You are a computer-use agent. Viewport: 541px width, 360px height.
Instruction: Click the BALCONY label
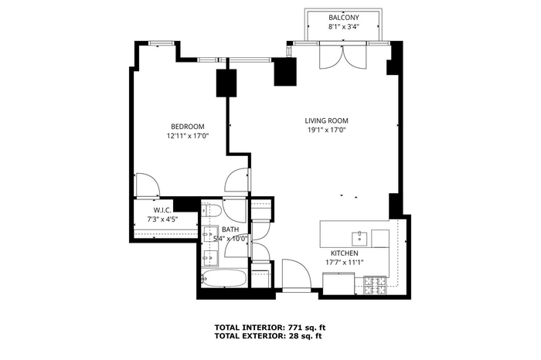click(344, 18)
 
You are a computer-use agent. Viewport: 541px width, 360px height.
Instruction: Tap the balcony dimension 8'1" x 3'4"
click(344, 27)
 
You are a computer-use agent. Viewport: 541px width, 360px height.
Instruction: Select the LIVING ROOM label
click(326, 121)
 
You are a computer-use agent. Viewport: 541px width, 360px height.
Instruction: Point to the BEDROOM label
click(188, 127)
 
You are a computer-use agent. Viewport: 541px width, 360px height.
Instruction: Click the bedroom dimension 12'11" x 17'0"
click(188, 136)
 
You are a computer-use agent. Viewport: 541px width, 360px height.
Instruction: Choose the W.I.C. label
click(162, 210)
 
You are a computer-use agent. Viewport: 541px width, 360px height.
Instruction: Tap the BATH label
click(230, 229)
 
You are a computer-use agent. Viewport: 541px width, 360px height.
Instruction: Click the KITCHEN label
click(345, 253)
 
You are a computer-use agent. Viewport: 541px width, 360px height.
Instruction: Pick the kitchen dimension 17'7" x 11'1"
click(345, 263)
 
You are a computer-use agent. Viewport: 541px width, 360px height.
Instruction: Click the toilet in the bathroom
click(212, 210)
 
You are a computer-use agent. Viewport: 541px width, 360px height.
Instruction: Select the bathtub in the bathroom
click(224, 277)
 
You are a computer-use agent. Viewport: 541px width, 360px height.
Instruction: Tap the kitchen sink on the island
click(359, 237)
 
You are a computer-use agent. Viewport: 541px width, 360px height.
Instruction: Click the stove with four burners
click(375, 285)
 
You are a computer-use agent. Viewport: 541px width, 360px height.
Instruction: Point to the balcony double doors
click(343, 55)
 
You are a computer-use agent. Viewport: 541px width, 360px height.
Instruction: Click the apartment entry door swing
click(296, 273)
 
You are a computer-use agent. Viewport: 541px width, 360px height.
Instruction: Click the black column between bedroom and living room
click(226, 83)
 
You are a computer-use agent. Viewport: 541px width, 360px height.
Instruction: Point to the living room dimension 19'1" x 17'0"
click(326, 130)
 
